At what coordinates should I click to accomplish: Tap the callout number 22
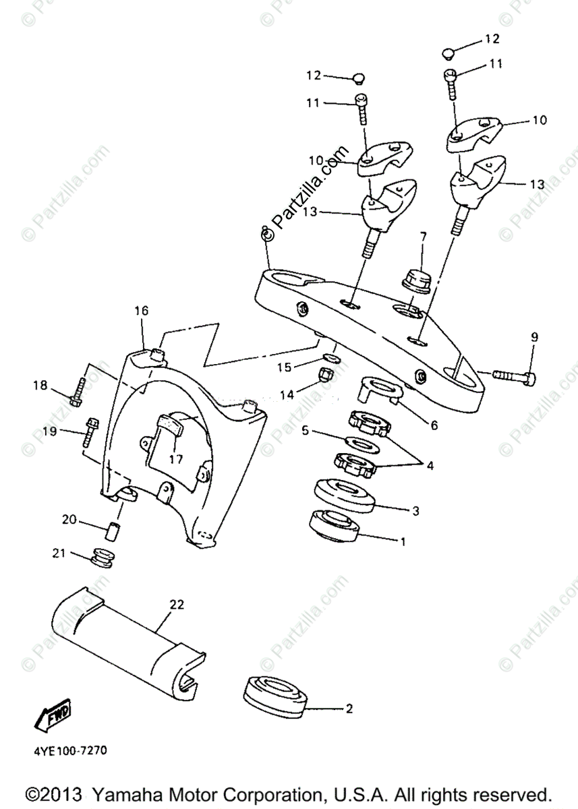click(x=176, y=605)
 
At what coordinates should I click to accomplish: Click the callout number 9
click(x=534, y=337)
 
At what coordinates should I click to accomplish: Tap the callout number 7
click(x=423, y=237)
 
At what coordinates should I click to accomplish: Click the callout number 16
click(x=140, y=311)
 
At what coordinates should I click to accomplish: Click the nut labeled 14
click(x=324, y=373)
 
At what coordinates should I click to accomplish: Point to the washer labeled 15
click(x=330, y=357)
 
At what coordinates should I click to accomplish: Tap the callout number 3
click(x=415, y=511)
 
